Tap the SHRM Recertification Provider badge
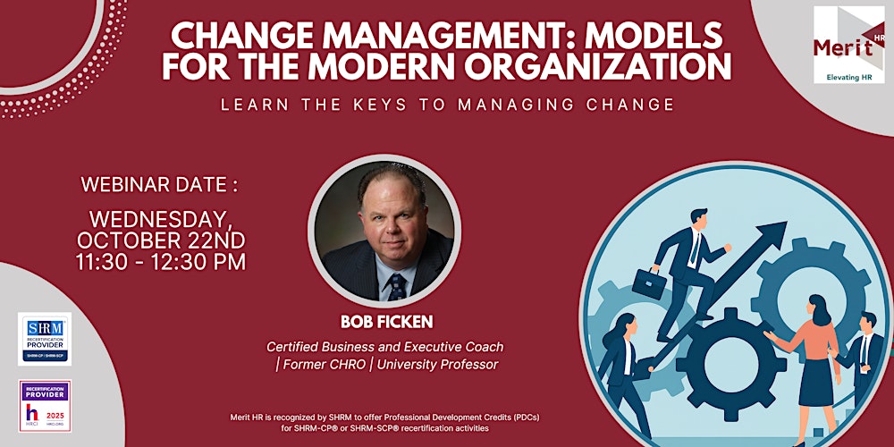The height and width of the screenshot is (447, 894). coord(44,339)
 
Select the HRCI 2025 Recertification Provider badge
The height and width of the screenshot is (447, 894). coord(44,406)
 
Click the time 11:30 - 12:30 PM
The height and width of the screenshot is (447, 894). coord(161,262)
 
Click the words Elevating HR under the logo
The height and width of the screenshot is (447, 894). coord(848,76)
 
